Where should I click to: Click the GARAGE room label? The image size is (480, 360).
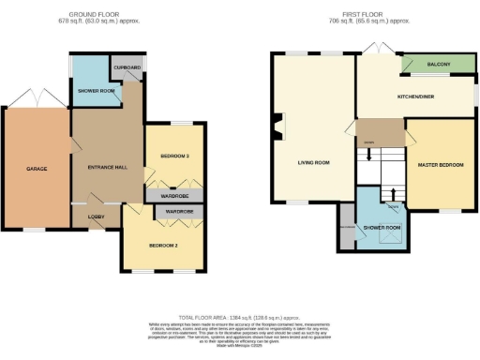coord(37,169)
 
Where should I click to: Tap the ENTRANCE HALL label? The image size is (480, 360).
coord(106,167)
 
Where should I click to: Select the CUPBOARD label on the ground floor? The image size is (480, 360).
coord(127,68)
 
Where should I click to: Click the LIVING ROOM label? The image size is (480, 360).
coord(313,163)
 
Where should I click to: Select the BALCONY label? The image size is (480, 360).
coord(439,64)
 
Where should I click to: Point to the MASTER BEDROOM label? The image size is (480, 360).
coord(441,165)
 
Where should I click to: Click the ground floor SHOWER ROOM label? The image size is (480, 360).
coord(96,91)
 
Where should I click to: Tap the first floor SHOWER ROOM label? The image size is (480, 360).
coord(382,228)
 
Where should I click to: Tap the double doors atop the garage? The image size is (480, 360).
coord(37,97)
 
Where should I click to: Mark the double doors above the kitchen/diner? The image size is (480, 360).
coord(378,48)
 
